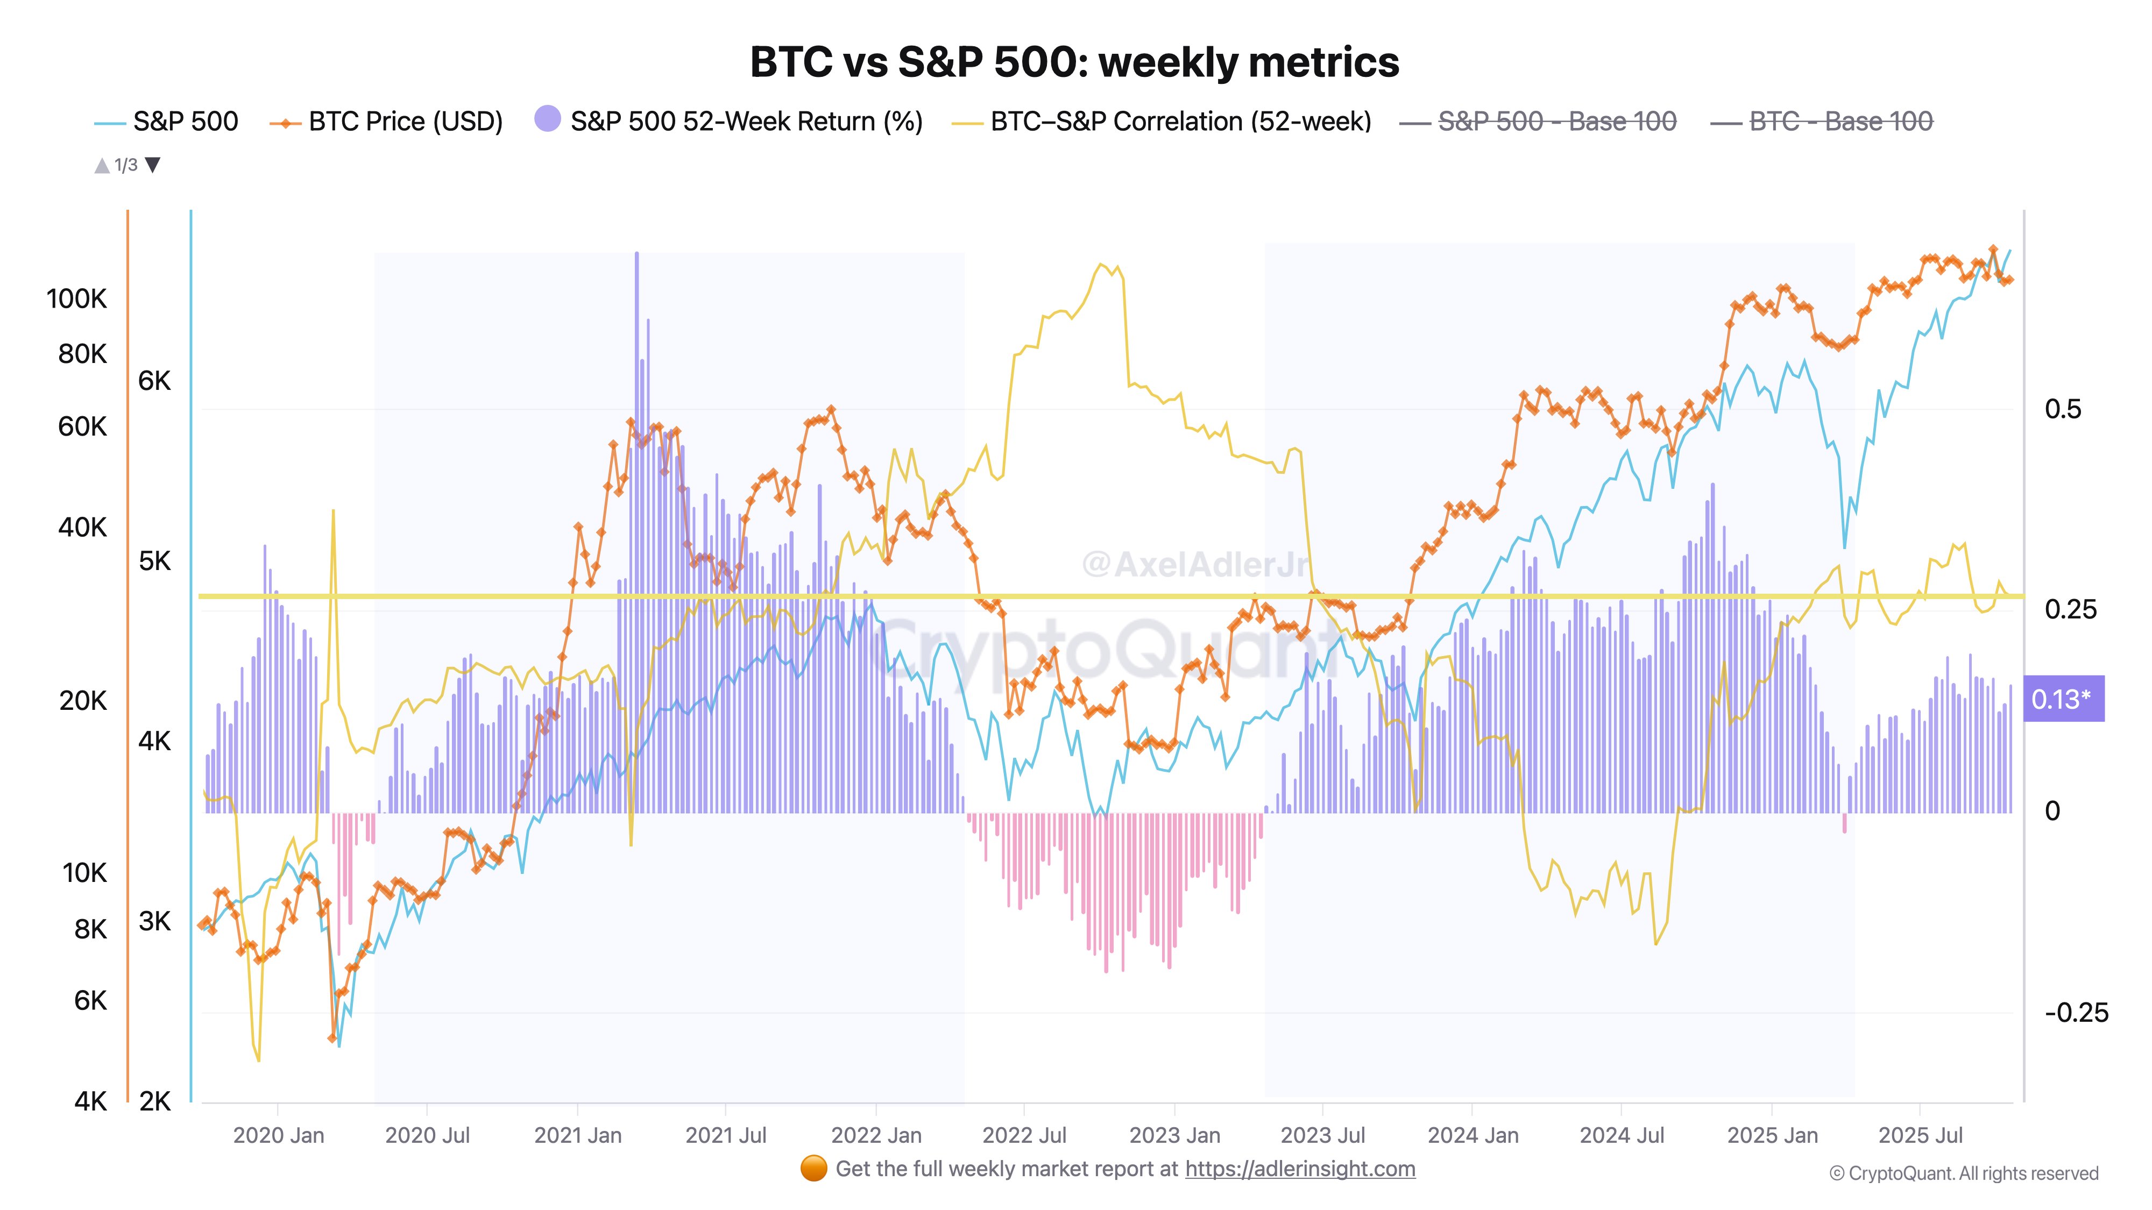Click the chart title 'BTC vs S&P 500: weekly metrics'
point(1074,62)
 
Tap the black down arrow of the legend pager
point(153,165)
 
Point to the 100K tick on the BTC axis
point(77,299)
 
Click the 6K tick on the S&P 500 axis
point(154,381)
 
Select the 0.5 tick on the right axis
point(2063,409)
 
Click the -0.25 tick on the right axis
point(2076,1013)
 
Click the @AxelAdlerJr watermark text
point(1194,565)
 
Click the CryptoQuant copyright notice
point(1963,1174)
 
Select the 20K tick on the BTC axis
point(83,701)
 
